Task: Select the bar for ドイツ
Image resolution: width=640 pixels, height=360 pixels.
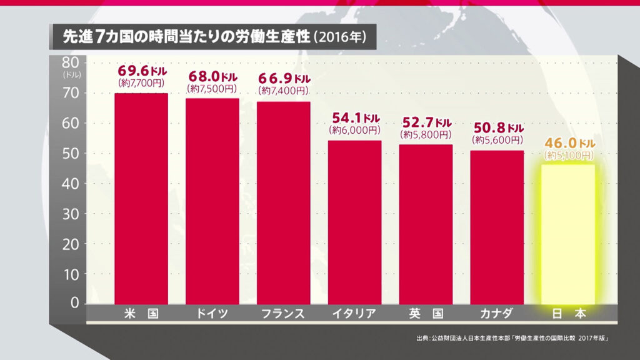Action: (x=212, y=201)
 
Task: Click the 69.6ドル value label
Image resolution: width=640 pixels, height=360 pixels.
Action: (x=142, y=71)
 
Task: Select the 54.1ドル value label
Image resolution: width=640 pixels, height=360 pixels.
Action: (x=355, y=118)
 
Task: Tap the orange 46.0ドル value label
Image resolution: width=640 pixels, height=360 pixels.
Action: (x=568, y=142)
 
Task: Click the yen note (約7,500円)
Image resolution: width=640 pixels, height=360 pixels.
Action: (x=212, y=89)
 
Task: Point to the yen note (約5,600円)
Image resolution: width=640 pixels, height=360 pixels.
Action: (x=497, y=140)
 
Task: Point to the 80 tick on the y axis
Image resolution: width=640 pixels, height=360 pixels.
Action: (x=69, y=62)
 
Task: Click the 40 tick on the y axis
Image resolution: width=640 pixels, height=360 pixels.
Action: (x=69, y=183)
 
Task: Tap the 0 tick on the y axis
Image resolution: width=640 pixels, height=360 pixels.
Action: (x=73, y=303)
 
